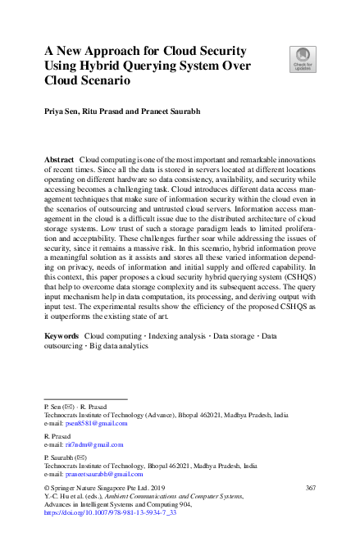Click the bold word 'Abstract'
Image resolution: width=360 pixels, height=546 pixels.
click(x=58, y=157)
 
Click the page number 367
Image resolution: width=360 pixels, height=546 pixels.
click(x=310, y=488)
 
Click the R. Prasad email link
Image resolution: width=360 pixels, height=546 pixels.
click(x=97, y=444)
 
